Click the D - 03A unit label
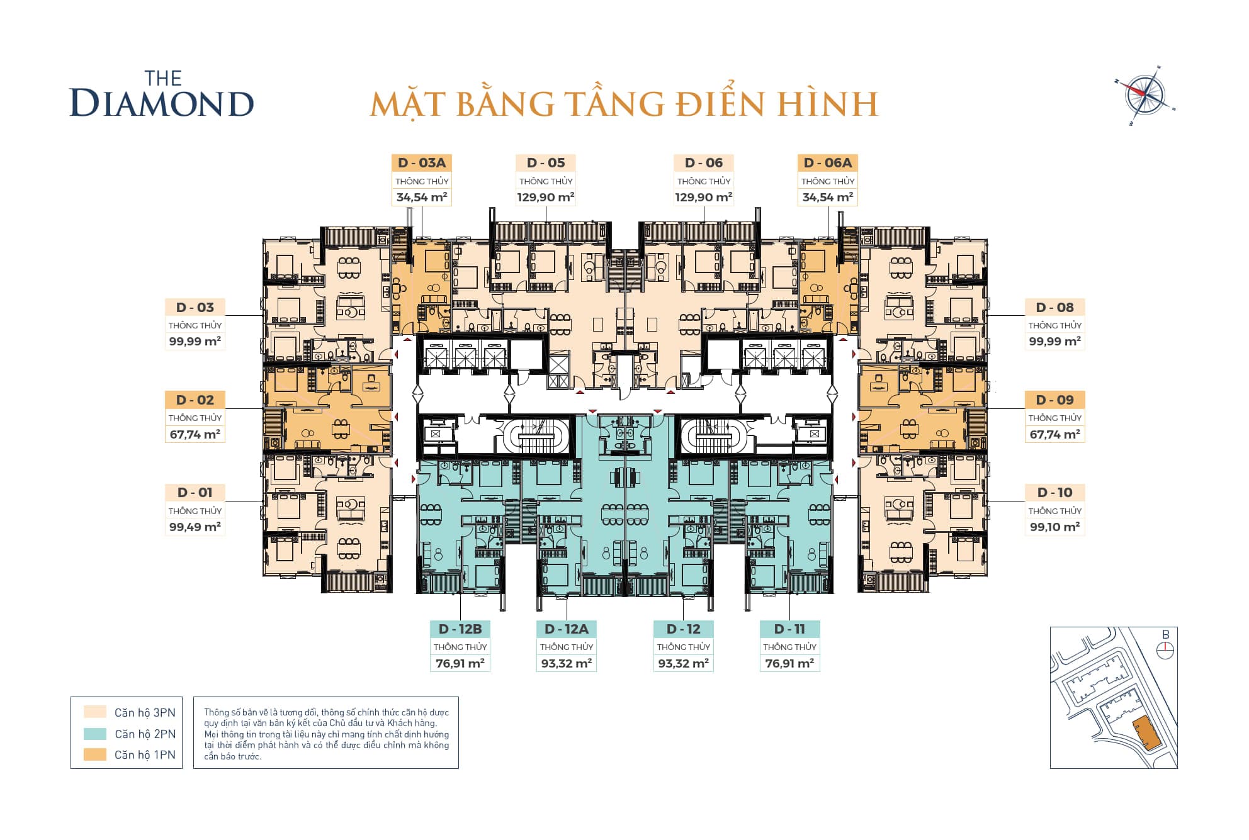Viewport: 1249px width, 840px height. coord(421,163)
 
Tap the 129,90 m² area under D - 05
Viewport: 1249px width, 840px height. coord(545,198)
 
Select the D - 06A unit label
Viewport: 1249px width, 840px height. coord(827,163)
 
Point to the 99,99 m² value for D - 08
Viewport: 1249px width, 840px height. coord(1054,342)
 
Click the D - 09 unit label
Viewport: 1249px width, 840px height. coord(1054,400)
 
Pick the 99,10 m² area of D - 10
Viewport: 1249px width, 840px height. coord(1054,527)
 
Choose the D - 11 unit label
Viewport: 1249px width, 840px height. coord(789,629)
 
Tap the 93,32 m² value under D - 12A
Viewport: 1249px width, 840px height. coord(566,664)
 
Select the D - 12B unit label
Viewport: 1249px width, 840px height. coord(460,629)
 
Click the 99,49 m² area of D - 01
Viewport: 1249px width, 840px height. coord(195,527)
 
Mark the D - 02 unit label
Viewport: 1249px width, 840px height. coord(195,400)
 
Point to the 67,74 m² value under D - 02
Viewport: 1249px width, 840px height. coord(195,435)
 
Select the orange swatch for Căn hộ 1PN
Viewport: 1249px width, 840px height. coord(95,754)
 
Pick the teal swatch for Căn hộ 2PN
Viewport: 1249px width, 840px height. coord(95,734)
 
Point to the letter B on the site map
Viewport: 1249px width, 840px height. coord(1165,635)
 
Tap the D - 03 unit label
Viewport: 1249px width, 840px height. coord(195,308)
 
